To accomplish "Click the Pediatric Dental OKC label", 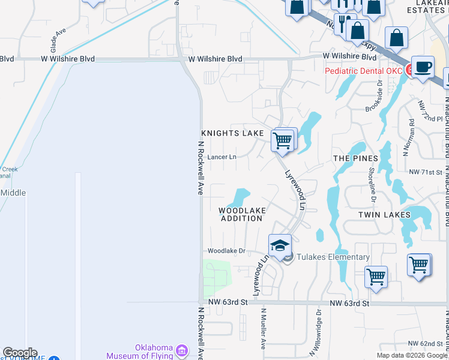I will coord(363,71).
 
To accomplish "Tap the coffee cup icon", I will coord(423,67).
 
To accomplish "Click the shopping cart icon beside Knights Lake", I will coord(282,141).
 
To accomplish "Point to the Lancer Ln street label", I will coord(221,157).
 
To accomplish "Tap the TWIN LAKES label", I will coord(384,214).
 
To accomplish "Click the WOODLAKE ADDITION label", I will coord(241,214).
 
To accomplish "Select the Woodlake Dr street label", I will coord(226,251).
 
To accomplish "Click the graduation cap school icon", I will coord(280,246).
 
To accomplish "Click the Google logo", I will coord(20,353).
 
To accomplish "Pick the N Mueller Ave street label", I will coord(263,329).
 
